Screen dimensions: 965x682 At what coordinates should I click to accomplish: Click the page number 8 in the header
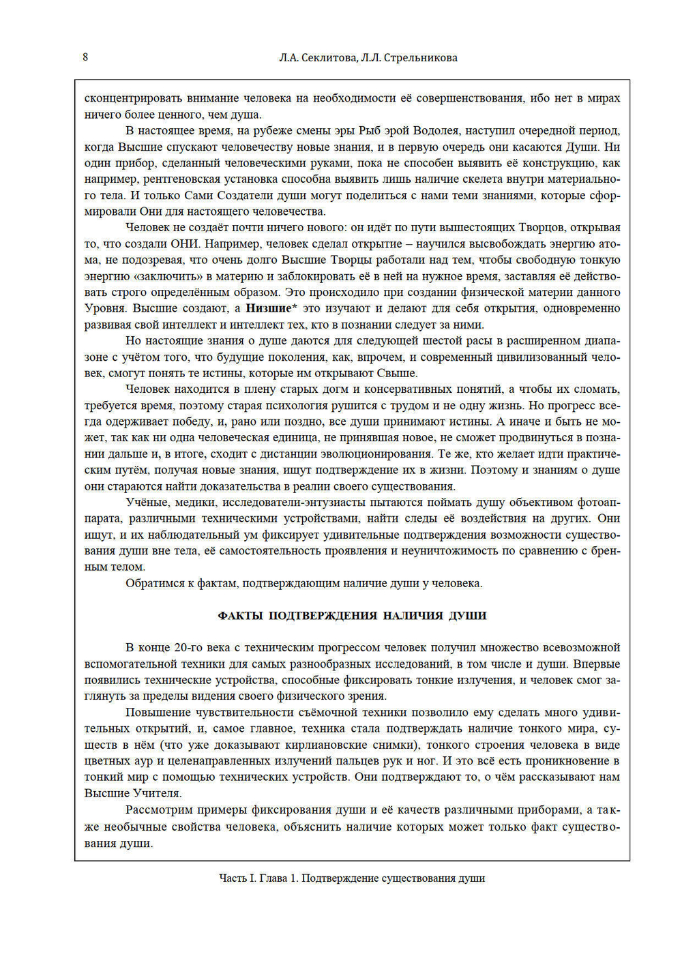[x=85, y=57]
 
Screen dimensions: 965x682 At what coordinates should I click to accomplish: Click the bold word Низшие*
[x=271, y=308]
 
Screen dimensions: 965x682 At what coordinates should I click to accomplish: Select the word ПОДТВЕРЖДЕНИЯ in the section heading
[x=323, y=616]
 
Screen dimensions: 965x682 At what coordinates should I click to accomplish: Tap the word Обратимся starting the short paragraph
[x=155, y=584]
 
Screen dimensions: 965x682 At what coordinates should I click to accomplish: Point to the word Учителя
[x=157, y=793]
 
